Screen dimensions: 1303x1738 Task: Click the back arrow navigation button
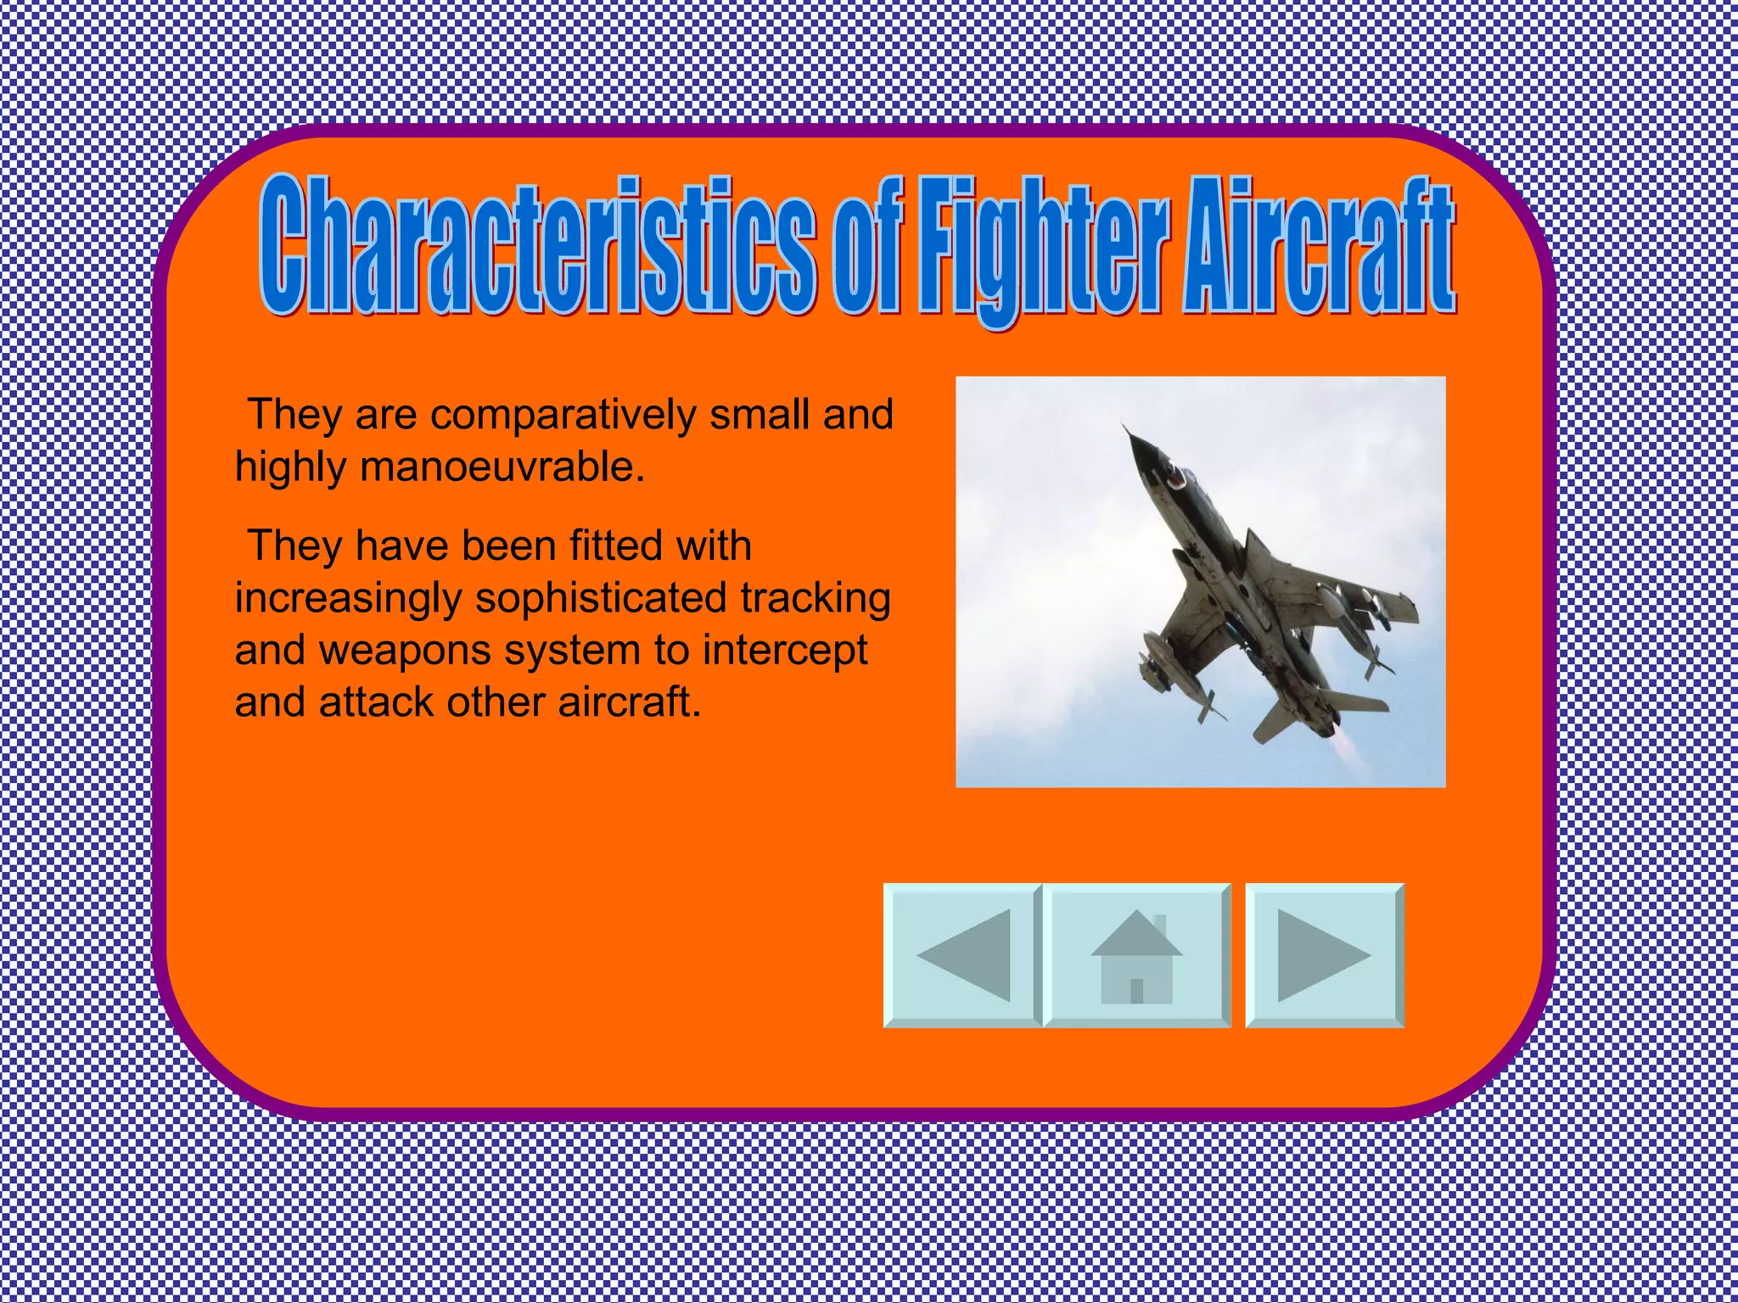[962, 955]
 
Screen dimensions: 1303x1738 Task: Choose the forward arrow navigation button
[1324, 955]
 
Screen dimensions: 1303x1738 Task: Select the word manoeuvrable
[501, 467]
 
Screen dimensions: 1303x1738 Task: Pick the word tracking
[816, 598]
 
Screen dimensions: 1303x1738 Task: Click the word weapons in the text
[406, 651]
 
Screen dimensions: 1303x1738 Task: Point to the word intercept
[785, 651]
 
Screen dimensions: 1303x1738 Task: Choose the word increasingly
[349, 598]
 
